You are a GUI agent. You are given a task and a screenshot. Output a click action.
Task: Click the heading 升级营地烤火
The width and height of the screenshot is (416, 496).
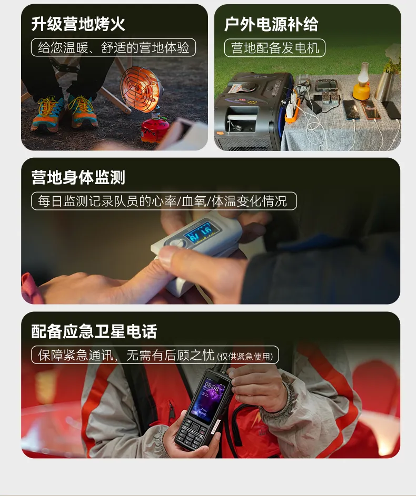tap(78, 24)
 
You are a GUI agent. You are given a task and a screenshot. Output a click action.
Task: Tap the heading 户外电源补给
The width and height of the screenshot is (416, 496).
tap(271, 24)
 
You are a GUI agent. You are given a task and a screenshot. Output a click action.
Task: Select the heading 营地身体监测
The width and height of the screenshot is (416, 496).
tap(78, 177)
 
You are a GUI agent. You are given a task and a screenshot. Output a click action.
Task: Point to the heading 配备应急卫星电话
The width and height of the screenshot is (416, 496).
tap(94, 331)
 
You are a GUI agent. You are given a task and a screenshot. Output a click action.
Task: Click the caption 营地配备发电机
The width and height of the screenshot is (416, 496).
tap(275, 48)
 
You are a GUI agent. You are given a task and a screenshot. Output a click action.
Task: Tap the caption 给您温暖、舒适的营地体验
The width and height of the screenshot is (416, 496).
tap(113, 47)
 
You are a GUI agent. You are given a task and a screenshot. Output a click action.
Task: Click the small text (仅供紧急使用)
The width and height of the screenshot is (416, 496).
tap(245, 357)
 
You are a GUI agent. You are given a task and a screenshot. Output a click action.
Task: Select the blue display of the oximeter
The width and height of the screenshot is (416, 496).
tap(198, 233)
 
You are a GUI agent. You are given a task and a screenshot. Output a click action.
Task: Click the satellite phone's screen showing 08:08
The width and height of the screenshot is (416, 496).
tap(211, 400)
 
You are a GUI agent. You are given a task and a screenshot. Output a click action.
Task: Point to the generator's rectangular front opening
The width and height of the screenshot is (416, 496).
tap(242, 119)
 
